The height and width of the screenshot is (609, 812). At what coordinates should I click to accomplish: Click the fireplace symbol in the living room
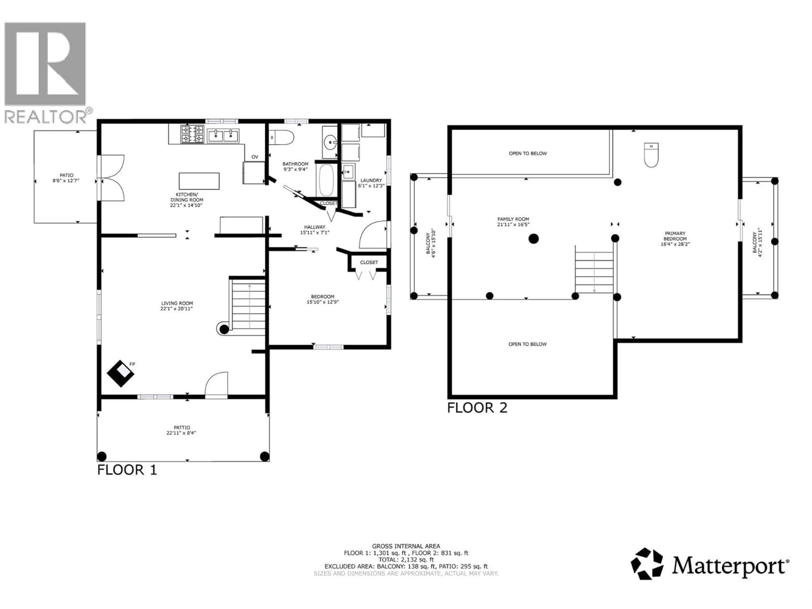point(120,373)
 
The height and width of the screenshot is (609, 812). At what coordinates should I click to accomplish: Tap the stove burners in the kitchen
point(192,134)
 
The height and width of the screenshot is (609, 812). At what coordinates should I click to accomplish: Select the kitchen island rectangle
point(199,181)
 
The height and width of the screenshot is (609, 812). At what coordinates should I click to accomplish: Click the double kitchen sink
point(223,136)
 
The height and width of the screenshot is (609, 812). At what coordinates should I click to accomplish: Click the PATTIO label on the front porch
point(182,428)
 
